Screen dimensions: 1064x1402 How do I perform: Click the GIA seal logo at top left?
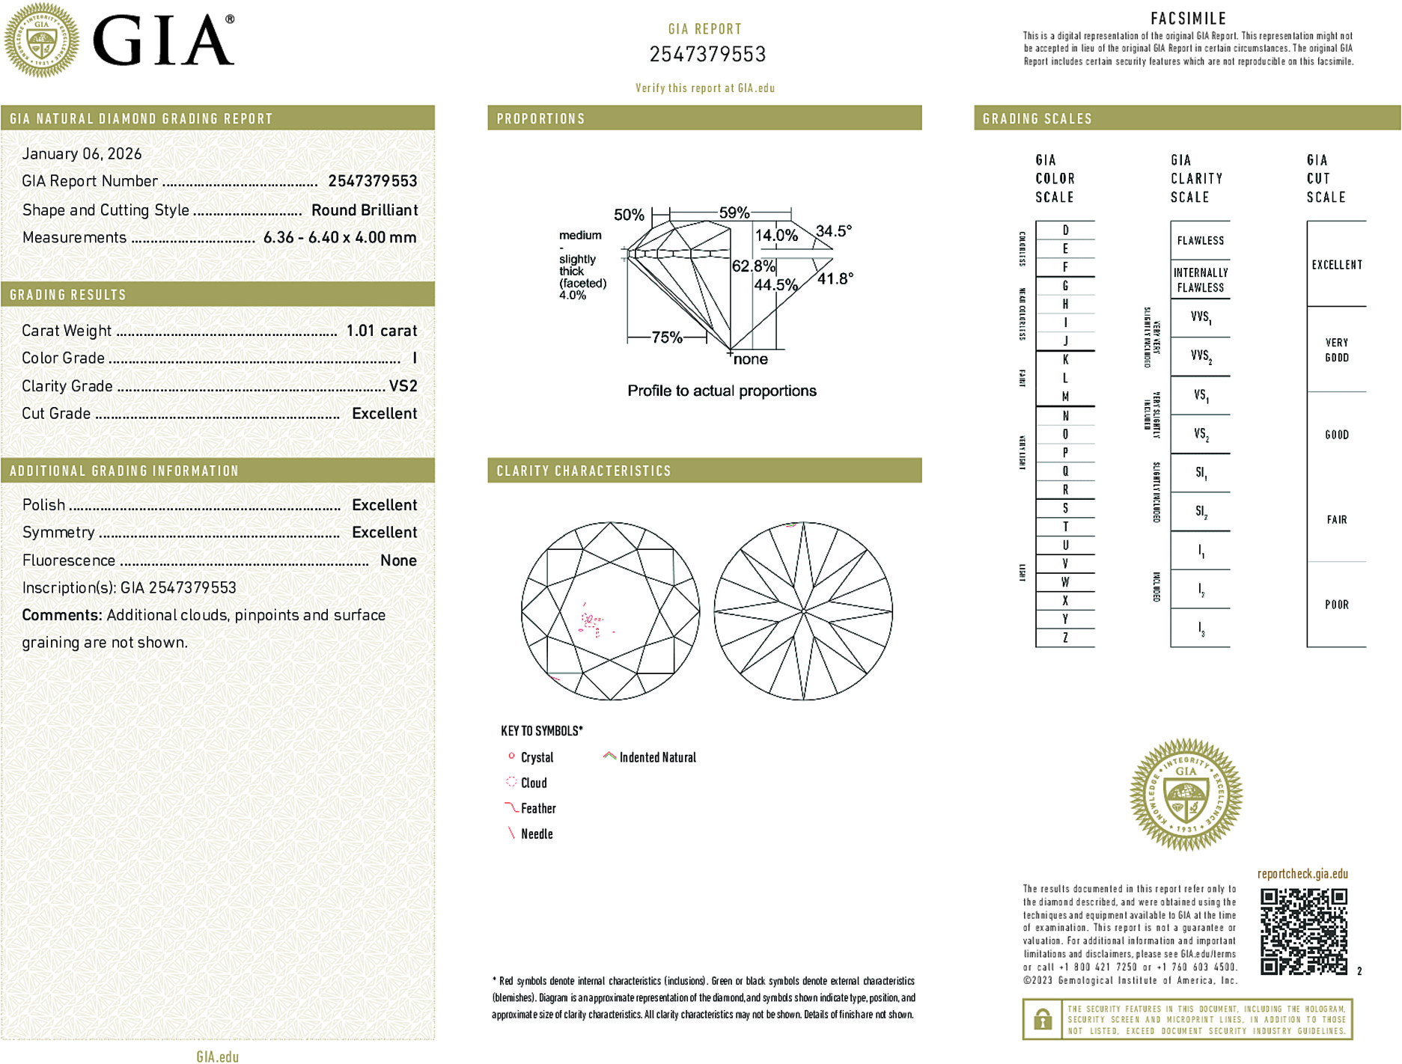coord(41,40)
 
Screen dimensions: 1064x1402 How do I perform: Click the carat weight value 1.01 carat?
coord(381,331)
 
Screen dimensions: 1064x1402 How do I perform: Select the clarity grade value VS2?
coord(403,386)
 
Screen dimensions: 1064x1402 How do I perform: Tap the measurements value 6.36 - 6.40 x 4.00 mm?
coord(340,238)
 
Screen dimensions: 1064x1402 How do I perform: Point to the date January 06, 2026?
coord(82,154)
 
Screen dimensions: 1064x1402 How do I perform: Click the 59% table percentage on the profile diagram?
coord(734,213)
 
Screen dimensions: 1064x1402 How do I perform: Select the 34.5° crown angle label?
coord(833,231)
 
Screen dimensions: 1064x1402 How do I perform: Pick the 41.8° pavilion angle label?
coord(835,279)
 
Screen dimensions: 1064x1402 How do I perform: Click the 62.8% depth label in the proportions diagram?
coord(753,266)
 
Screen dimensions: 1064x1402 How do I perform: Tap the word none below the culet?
coord(750,360)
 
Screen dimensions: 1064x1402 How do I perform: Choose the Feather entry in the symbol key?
coord(538,809)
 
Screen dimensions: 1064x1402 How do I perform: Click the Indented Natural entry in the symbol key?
coord(657,758)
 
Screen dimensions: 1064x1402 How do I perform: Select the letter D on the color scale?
coord(1065,230)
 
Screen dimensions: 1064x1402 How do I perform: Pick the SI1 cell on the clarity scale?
coord(1201,473)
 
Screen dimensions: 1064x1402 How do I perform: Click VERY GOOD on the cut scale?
coord(1337,350)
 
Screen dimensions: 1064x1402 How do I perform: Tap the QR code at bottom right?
coord(1303,932)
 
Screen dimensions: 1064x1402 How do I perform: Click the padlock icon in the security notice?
coord(1042,1019)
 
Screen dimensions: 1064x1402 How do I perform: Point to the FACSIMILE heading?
coord(1188,19)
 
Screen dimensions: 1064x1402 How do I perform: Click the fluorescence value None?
coord(398,560)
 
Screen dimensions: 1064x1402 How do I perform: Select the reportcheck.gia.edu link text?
coord(1302,874)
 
